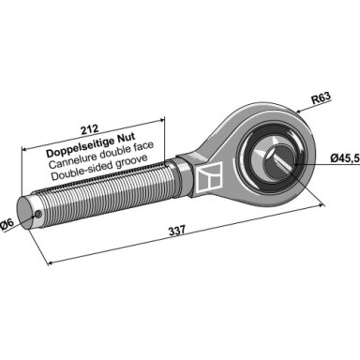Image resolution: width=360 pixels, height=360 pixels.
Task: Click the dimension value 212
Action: click(x=90, y=128)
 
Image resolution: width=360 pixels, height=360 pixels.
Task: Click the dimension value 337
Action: click(x=177, y=232)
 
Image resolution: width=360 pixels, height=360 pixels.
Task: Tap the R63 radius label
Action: click(x=321, y=98)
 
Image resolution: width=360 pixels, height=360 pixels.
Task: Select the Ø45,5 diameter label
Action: click(x=345, y=158)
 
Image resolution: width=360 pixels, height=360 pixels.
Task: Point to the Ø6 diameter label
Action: click(x=7, y=225)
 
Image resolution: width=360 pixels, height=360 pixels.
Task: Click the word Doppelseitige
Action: click(x=80, y=147)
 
